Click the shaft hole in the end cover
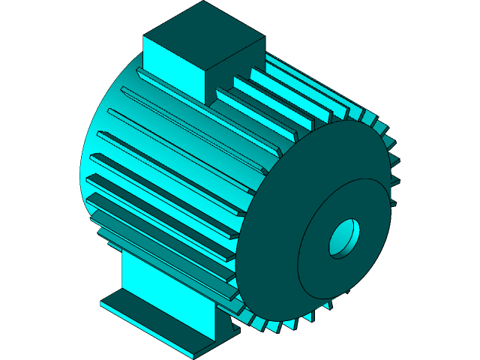point(344,238)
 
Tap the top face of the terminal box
point(203,34)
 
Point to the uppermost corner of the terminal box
point(203,1)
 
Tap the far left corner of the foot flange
point(102,304)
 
